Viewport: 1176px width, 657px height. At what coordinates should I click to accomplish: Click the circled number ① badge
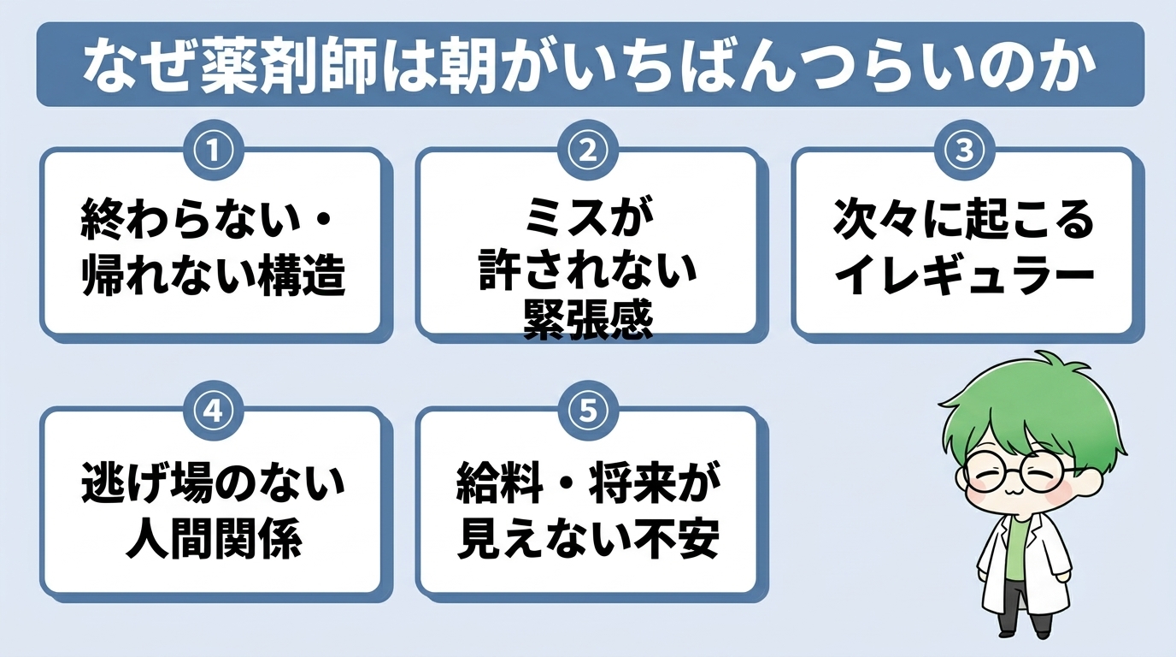point(214,151)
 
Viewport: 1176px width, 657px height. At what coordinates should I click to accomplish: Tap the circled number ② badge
point(588,151)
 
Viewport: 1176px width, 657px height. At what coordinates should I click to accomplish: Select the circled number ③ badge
point(965,151)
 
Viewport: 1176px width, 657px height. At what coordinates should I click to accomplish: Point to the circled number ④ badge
point(214,410)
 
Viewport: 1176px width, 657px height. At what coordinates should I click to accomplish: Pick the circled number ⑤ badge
point(588,410)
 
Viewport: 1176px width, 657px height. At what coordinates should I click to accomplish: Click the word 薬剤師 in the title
point(289,69)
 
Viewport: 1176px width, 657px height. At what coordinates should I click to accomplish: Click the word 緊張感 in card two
point(588,320)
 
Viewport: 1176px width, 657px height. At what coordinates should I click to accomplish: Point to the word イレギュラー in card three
point(965,274)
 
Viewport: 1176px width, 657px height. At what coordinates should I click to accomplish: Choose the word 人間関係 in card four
point(214,538)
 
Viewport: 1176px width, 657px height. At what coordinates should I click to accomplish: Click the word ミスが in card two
point(588,217)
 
